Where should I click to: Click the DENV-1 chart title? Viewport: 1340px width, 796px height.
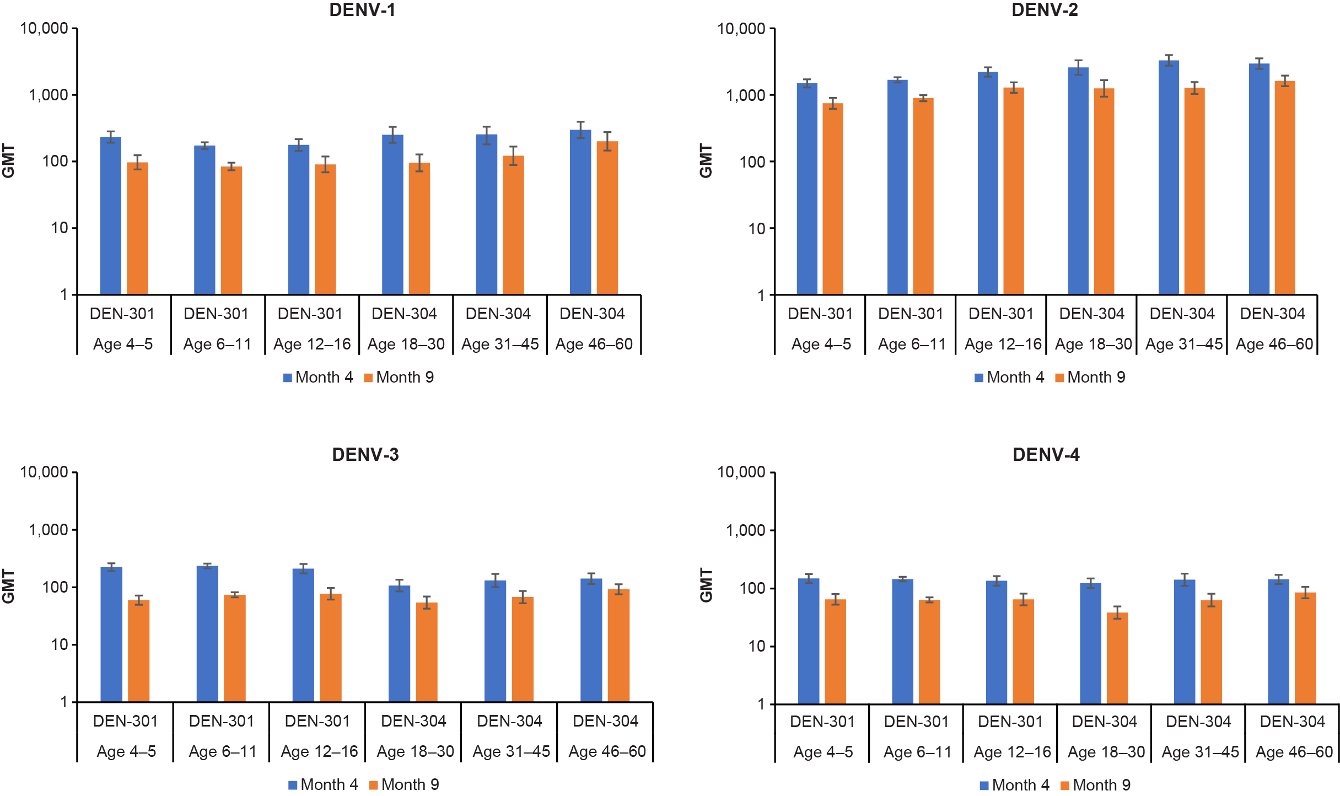[362, 10]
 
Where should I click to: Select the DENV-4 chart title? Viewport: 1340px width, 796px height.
[1046, 454]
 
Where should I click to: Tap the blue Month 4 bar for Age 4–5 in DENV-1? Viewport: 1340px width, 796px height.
[110, 215]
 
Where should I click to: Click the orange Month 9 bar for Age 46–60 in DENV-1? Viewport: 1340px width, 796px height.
[607, 217]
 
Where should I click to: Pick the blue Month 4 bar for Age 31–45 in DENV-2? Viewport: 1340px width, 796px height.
[1169, 176]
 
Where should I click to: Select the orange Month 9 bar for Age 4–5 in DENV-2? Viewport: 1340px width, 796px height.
[832, 198]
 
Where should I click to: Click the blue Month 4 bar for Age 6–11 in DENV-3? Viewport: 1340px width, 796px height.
[207, 634]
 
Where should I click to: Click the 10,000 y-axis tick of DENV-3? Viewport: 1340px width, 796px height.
[44, 472]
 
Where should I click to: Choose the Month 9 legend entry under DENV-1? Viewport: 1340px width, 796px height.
[399, 377]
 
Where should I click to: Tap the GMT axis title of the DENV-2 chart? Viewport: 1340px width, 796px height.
[706, 161]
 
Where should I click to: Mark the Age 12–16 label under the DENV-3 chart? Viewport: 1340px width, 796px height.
[319, 751]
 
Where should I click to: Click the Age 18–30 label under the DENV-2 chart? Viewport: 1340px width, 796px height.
[1093, 344]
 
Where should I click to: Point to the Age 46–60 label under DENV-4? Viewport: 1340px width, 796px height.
[1294, 752]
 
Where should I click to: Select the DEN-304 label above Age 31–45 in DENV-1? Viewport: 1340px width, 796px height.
[498, 314]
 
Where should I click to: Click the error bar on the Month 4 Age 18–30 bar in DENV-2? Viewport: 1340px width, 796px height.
[1078, 67]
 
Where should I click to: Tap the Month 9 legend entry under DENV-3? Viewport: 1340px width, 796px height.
[404, 784]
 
